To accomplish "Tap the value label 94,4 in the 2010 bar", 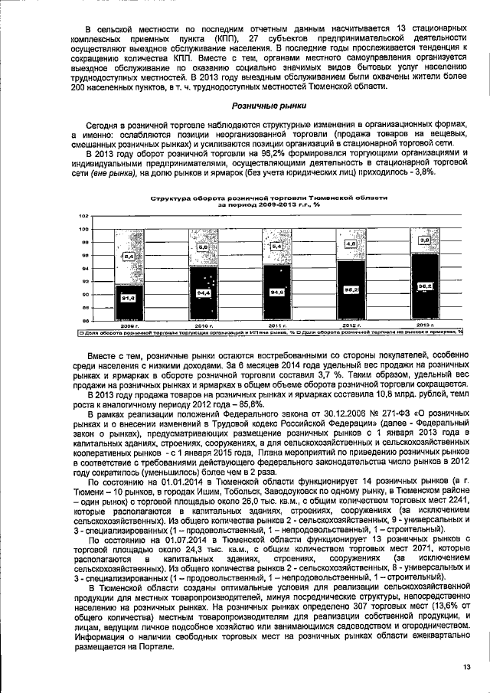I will point(202,293).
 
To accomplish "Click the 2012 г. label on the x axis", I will point(350,325).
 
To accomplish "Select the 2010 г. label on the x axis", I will point(202,325).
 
